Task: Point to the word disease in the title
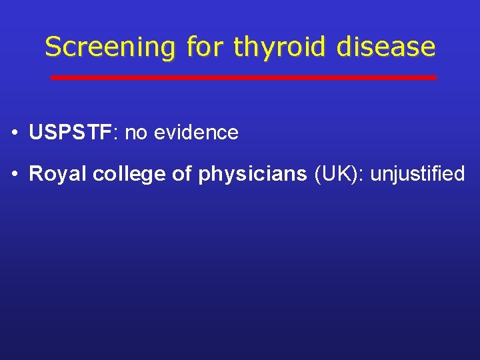coord(386,47)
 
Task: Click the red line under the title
coord(243,77)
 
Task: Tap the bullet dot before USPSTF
coord(15,133)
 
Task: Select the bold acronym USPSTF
coord(71,133)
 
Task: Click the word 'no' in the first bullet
coord(136,133)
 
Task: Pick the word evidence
coord(196,133)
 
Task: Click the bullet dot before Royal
coord(15,175)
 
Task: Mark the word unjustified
coord(417,174)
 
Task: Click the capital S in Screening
coord(52,47)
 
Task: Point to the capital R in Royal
coord(35,174)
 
